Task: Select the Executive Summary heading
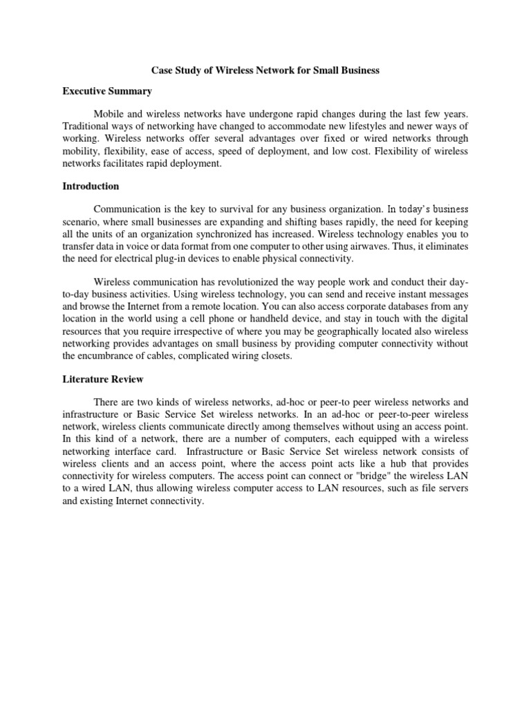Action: click(107, 91)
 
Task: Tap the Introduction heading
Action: click(91, 187)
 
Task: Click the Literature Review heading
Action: click(102, 380)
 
